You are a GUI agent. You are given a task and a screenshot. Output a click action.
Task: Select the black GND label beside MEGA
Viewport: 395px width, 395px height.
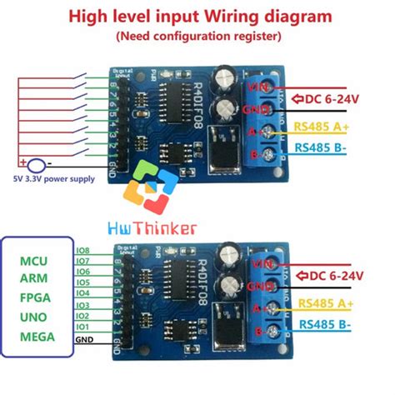click(83, 339)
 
